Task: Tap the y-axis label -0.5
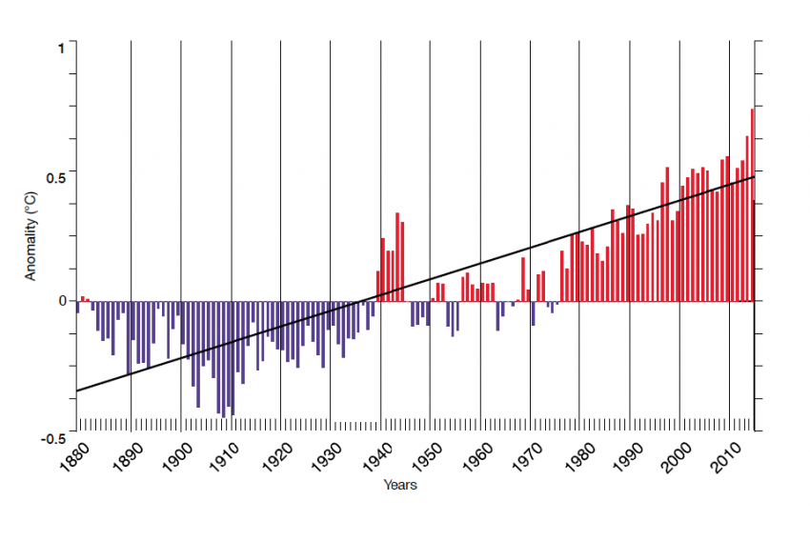point(55,439)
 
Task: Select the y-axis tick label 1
point(62,47)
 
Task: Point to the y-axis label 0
point(62,301)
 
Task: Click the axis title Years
point(400,485)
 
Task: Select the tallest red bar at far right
point(752,205)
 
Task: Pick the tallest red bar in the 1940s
point(397,256)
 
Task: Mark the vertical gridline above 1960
point(479,143)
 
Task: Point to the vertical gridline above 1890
point(131,143)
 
